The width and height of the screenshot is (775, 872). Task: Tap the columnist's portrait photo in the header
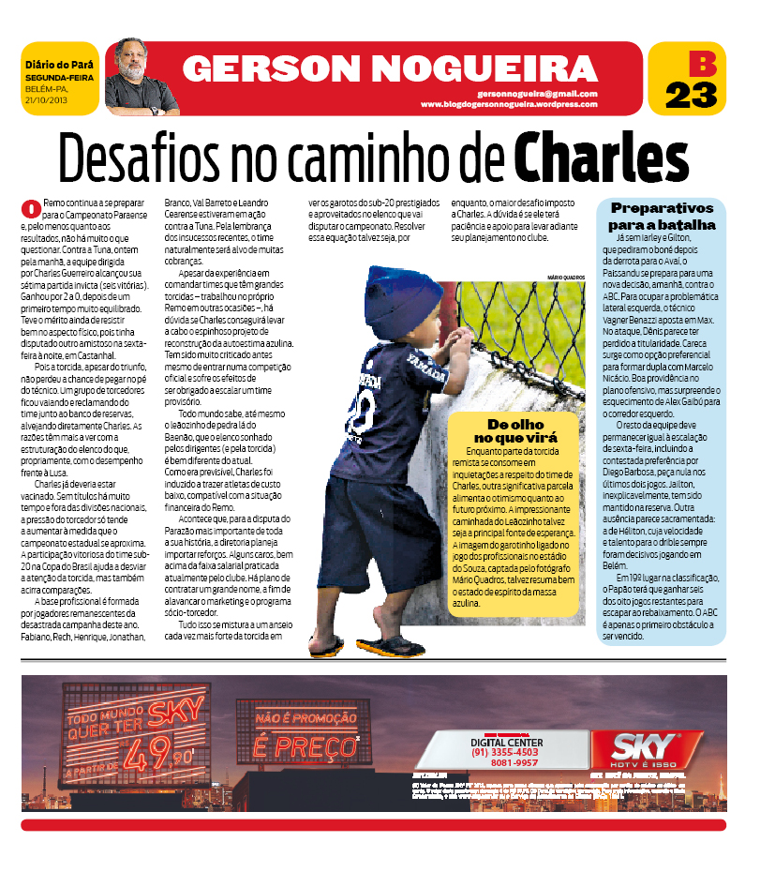pyautogui.click(x=141, y=76)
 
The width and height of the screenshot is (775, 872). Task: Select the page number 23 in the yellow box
pyautogui.click(x=691, y=95)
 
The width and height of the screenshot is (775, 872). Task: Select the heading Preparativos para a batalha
pyautogui.click(x=662, y=216)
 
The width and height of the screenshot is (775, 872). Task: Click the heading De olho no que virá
pyautogui.click(x=514, y=431)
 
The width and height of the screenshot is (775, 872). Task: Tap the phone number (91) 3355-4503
pyautogui.click(x=504, y=752)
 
